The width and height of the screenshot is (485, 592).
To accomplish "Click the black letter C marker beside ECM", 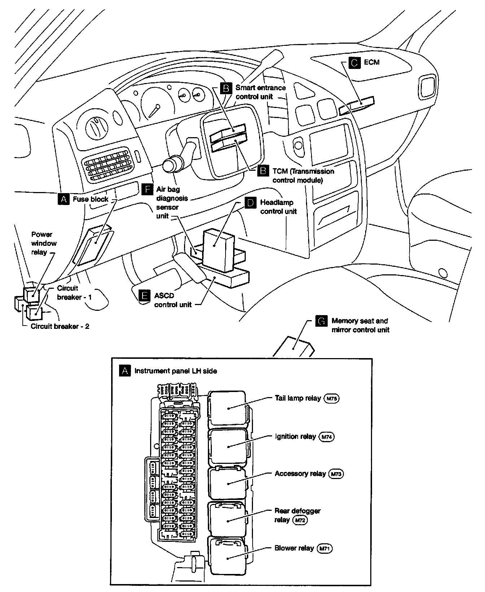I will pyautogui.click(x=355, y=62).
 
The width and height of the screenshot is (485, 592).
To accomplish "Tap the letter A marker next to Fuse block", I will pyautogui.click(x=64, y=199).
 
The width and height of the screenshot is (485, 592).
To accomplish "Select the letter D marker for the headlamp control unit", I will pyautogui.click(x=250, y=203).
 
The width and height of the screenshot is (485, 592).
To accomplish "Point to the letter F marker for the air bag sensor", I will pyautogui.click(x=147, y=190).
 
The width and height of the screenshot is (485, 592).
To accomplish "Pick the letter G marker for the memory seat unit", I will pyautogui.click(x=321, y=321).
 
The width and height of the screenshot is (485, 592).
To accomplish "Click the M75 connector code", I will pyautogui.click(x=332, y=399).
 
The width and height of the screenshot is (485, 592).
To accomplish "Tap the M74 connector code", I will pyautogui.click(x=327, y=437).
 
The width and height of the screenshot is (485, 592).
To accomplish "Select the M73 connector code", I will pyautogui.click(x=336, y=474).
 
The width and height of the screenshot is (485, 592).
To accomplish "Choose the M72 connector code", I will pyautogui.click(x=300, y=520).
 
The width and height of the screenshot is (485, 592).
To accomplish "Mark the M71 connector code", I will pyautogui.click(x=324, y=548).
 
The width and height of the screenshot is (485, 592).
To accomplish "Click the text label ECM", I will pyautogui.click(x=372, y=62).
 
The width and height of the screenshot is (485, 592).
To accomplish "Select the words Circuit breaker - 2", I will pyautogui.click(x=60, y=326).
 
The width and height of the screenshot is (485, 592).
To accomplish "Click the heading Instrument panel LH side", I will pyautogui.click(x=176, y=371).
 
